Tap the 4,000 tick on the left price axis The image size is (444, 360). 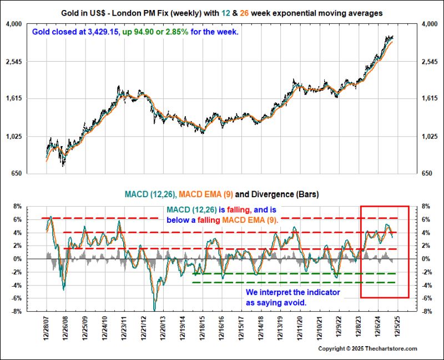tap(13, 24)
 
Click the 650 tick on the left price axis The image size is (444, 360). tap(16, 174)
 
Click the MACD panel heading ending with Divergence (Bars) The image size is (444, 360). tap(221, 194)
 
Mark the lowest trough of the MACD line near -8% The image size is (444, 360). tap(155, 309)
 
